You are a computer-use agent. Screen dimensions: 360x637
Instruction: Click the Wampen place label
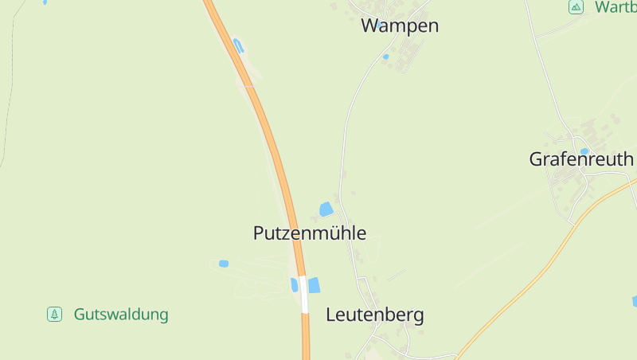point(400,25)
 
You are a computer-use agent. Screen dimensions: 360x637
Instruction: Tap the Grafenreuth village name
point(581,159)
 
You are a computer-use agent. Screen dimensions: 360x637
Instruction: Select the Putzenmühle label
point(310,233)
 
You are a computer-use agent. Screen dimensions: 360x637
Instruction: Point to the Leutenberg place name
point(374,315)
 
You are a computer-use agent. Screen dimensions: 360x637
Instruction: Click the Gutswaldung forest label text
point(121,315)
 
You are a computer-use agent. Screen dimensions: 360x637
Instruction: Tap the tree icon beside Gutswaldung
point(54,315)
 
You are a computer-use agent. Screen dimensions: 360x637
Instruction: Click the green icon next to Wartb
point(576,7)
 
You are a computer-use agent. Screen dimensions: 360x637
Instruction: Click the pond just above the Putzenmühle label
point(326,209)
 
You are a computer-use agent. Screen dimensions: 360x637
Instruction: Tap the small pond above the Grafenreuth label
point(584,151)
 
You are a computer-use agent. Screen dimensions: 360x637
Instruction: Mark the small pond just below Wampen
point(385,57)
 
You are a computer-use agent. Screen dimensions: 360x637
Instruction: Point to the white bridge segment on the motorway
point(304,295)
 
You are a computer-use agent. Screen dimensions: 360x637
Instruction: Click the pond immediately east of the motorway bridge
point(314,284)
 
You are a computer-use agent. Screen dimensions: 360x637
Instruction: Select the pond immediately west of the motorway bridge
point(295,284)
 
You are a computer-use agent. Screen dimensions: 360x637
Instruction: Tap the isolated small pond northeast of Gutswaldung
point(224,264)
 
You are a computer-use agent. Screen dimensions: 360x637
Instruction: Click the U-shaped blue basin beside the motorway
point(238,45)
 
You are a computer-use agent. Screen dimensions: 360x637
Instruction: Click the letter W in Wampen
point(369,25)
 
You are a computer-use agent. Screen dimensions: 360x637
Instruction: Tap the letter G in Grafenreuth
point(537,159)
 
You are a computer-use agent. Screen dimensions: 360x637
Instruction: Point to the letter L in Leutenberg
point(330,315)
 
